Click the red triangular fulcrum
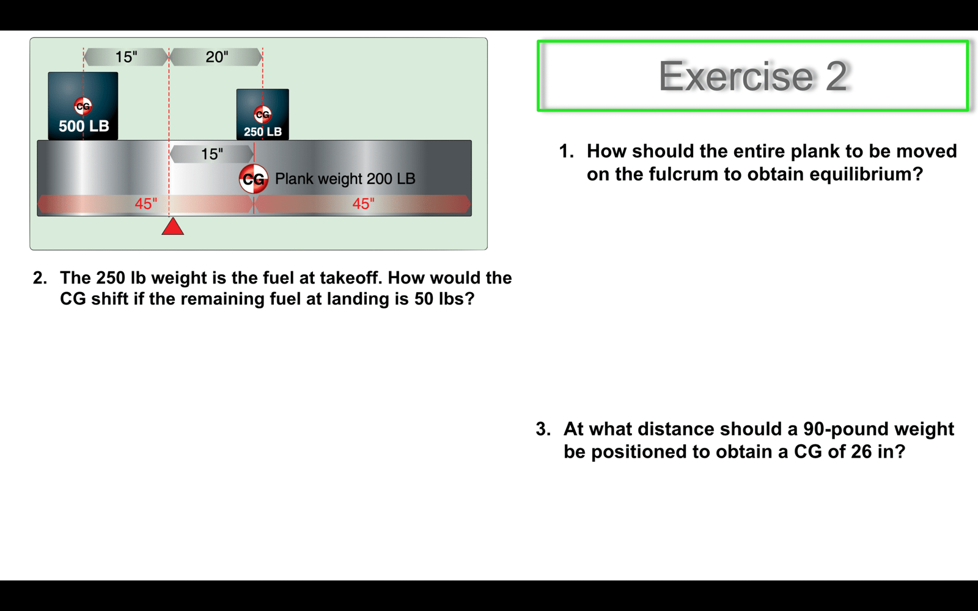tap(173, 227)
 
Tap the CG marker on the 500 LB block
tap(83, 106)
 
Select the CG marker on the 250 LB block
tap(262, 114)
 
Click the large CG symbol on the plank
tap(254, 179)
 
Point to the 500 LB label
tap(84, 126)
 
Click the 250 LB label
tap(263, 132)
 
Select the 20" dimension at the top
tap(216, 57)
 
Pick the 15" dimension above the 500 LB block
tap(126, 57)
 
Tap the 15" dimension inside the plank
tap(211, 154)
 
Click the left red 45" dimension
tap(145, 203)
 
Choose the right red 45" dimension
tap(363, 203)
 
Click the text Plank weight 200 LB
tap(345, 178)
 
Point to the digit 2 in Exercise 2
tap(837, 76)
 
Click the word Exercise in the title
tap(736, 76)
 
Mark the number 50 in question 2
tap(424, 299)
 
